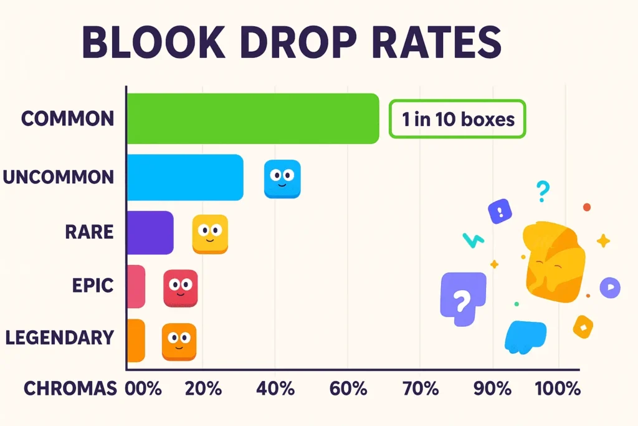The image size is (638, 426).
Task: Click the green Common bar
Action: tap(252, 119)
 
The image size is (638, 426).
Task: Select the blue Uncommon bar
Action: tap(184, 177)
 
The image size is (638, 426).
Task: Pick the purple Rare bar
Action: tap(150, 232)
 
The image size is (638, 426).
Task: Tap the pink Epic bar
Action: tap(136, 286)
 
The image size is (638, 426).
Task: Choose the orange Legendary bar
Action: tap(136, 341)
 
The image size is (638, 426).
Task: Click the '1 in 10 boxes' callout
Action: tap(458, 119)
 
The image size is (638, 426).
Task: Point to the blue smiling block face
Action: tap(282, 179)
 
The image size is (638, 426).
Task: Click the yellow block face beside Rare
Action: tap(210, 234)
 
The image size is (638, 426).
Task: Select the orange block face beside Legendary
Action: tap(179, 342)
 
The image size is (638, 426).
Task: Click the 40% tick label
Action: tap(275, 389)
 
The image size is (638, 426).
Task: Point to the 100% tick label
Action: tap(557, 389)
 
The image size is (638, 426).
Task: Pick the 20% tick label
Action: tap(203, 389)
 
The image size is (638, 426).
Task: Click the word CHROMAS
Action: tap(70, 389)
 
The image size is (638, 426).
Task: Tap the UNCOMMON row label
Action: tap(58, 177)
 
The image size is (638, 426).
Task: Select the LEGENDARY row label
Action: tap(59, 337)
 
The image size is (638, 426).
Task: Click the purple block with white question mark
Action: tap(462, 298)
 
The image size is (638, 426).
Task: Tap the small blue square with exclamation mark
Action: tap(500, 211)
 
